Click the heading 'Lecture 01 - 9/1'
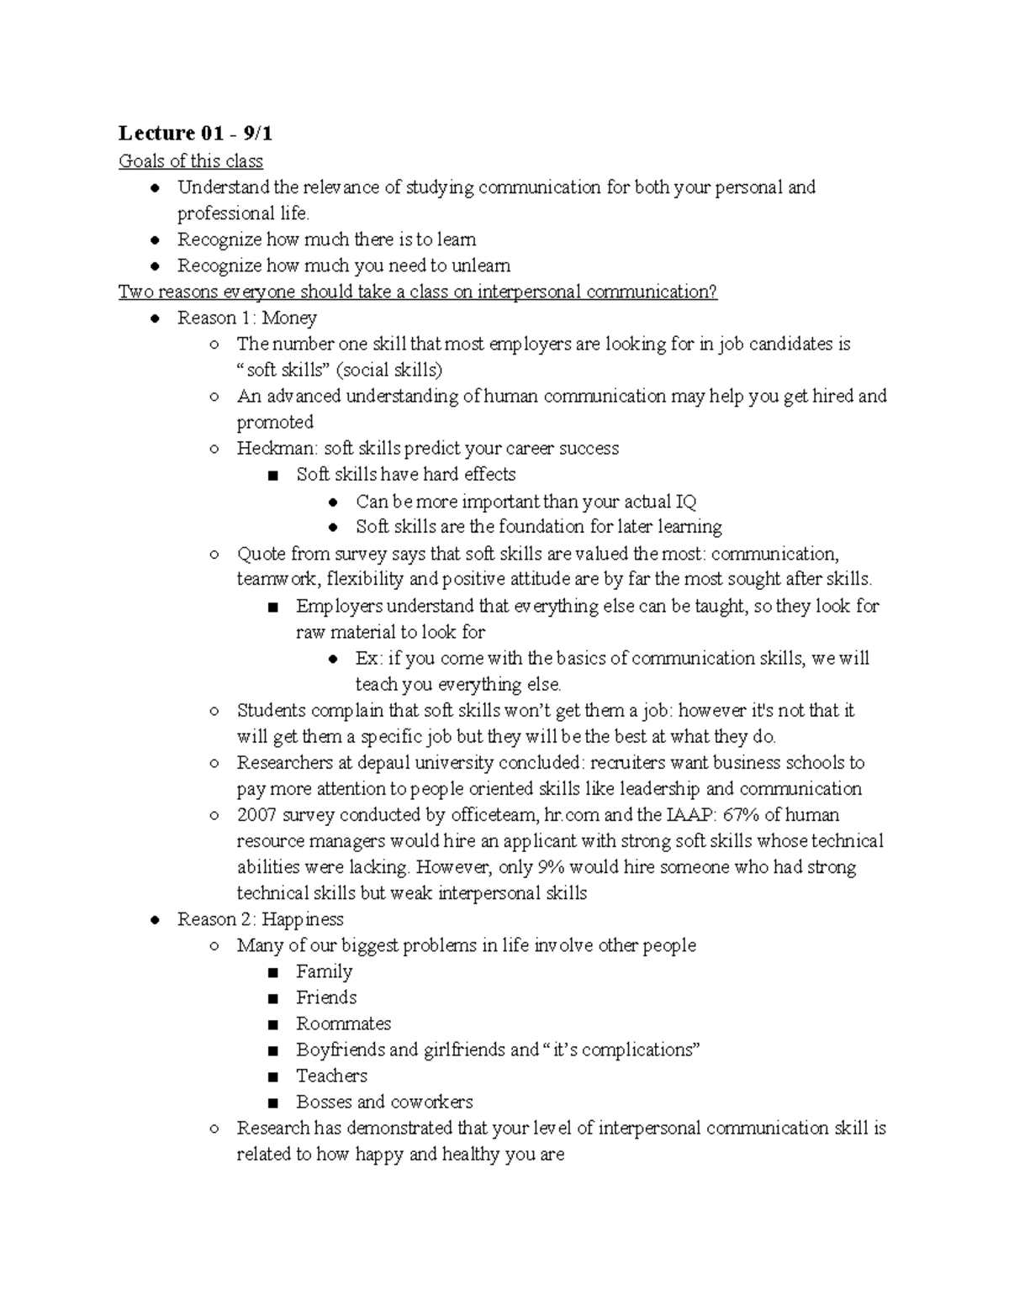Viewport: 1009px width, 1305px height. point(195,133)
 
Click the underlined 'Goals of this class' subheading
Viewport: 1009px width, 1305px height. point(190,160)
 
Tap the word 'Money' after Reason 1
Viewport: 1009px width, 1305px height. point(289,318)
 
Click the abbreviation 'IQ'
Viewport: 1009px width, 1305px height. point(685,502)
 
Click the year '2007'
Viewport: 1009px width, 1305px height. point(256,814)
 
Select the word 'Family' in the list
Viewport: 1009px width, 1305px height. point(324,971)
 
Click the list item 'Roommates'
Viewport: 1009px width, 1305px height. point(343,1023)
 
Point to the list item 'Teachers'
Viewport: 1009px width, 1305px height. point(331,1076)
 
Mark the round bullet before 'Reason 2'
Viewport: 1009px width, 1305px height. point(154,920)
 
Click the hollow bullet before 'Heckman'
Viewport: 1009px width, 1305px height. point(214,449)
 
